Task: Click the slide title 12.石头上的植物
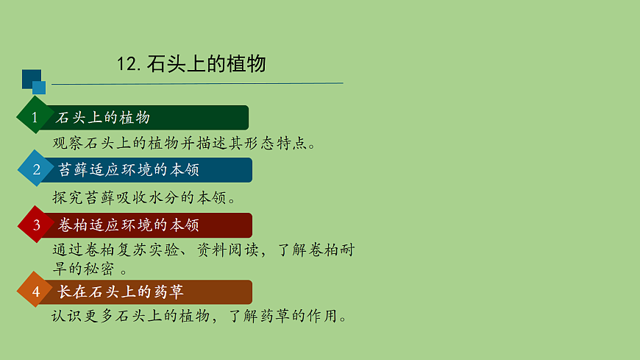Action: (191, 64)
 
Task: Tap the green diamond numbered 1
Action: (34, 118)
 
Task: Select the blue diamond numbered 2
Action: (36, 169)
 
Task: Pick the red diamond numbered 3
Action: (36, 225)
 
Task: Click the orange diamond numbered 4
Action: (35, 292)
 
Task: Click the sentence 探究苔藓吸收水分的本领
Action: (144, 197)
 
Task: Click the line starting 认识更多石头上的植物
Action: (199, 317)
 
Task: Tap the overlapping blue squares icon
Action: (33, 81)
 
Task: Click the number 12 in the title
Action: (126, 65)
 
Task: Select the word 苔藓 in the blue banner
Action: (74, 169)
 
